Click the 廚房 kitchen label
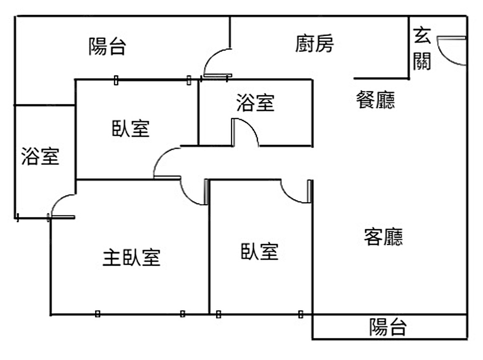click(314, 44)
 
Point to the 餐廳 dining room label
click(375, 100)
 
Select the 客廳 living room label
click(384, 237)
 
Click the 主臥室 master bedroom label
click(131, 258)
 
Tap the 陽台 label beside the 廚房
click(107, 47)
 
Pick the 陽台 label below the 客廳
click(388, 327)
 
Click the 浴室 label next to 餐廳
click(255, 103)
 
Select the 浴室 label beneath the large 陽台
click(40, 157)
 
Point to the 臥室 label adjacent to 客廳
click(259, 251)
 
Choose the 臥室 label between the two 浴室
click(130, 129)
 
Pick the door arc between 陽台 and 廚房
click(216, 61)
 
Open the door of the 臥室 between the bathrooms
click(166, 162)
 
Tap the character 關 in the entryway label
click(422, 61)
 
